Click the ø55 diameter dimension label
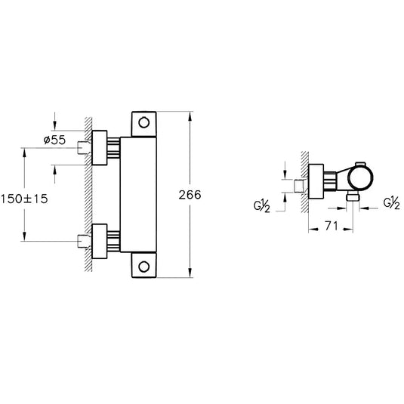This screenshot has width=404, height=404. click(54, 140)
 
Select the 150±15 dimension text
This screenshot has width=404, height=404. click(24, 199)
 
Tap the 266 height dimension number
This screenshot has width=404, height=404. click(190, 195)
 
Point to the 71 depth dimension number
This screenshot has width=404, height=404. click(332, 226)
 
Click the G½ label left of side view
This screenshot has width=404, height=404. click(262, 206)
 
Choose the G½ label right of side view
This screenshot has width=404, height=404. click(392, 202)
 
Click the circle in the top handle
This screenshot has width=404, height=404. click(143, 122)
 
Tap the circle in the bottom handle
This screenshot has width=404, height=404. click(143, 267)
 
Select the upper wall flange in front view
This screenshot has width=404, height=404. click(100, 148)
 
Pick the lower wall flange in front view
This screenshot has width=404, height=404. click(100, 241)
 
